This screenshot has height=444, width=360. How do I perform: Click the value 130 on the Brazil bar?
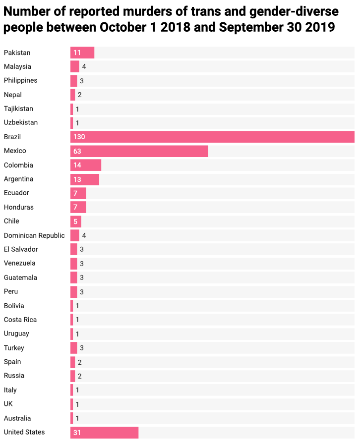[x=79, y=137]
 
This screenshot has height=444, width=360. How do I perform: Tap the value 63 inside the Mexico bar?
[x=77, y=151]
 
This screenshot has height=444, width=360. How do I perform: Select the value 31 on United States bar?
[x=77, y=433]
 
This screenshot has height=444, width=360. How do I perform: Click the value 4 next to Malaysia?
[x=84, y=66]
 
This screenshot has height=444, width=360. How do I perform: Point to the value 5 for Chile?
[x=75, y=221]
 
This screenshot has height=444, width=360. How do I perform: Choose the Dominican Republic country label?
[x=34, y=235]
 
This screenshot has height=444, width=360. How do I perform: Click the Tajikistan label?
[x=18, y=109]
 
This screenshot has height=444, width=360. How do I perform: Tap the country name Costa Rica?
[x=20, y=320]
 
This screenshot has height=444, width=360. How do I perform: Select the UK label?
[x=8, y=404]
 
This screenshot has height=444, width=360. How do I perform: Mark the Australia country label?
[x=17, y=418]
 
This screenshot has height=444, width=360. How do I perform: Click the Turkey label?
[x=14, y=348]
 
